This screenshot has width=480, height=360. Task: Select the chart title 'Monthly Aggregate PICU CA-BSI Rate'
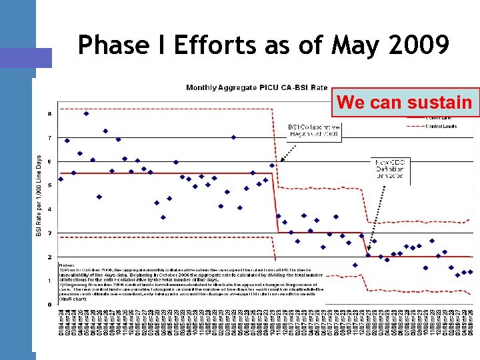(257, 87)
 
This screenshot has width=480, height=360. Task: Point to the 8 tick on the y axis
(49, 113)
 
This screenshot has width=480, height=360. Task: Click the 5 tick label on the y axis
(49, 185)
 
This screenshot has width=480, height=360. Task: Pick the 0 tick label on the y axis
(49, 305)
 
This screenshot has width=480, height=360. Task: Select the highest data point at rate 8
(86, 113)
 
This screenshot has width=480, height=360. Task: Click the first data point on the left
(61, 179)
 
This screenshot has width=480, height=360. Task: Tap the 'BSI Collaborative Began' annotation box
(314, 131)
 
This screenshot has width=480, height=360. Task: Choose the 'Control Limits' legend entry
(440, 125)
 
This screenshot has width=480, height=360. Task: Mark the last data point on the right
(470, 272)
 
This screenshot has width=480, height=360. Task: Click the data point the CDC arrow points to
(368, 255)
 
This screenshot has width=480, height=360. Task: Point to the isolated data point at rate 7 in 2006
(233, 137)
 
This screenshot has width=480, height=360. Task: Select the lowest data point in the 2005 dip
(163, 217)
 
